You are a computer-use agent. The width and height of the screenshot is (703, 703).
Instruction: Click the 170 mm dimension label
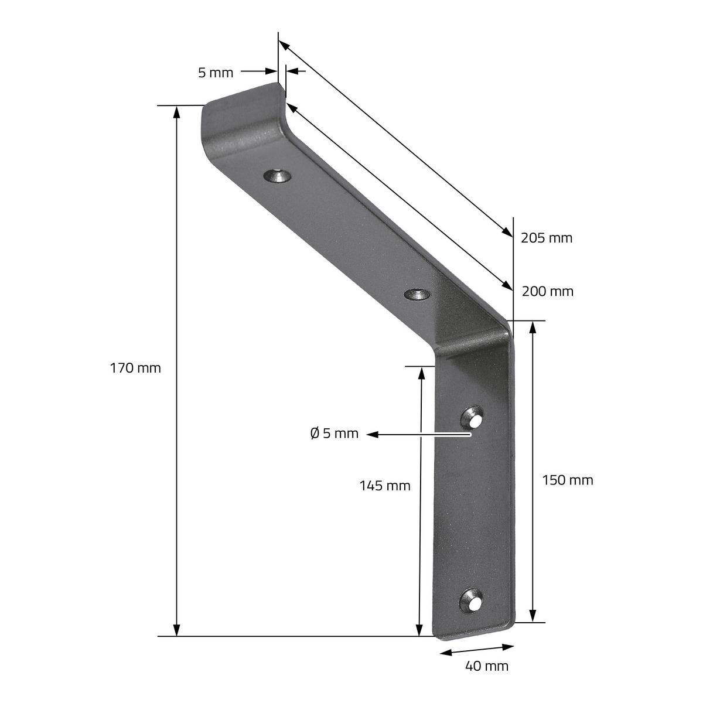(135, 368)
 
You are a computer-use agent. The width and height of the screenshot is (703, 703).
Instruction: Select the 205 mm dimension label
(546, 238)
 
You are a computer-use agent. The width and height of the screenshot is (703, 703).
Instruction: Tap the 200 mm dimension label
(547, 291)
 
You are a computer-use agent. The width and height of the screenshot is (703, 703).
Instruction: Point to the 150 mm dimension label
(567, 480)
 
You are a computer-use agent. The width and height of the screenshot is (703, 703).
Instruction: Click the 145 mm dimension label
(385, 486)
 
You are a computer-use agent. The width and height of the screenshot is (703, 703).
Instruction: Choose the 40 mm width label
(486, 666)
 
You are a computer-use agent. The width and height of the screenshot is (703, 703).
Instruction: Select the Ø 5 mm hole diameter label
(334, 434)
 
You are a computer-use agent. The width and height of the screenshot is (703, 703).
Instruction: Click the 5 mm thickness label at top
(216, 73)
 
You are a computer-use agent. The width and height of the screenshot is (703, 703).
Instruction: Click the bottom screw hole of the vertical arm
(471, 601)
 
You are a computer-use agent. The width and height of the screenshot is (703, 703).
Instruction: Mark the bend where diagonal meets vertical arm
(475, 340)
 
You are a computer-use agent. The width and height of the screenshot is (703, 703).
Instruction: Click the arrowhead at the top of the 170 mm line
(176, 111)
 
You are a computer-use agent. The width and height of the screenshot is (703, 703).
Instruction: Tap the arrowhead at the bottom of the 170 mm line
(176, 630)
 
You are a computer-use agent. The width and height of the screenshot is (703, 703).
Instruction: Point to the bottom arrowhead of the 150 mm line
(533, 616)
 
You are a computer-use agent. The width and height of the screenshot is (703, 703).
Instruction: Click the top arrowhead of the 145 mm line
(421, 372)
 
